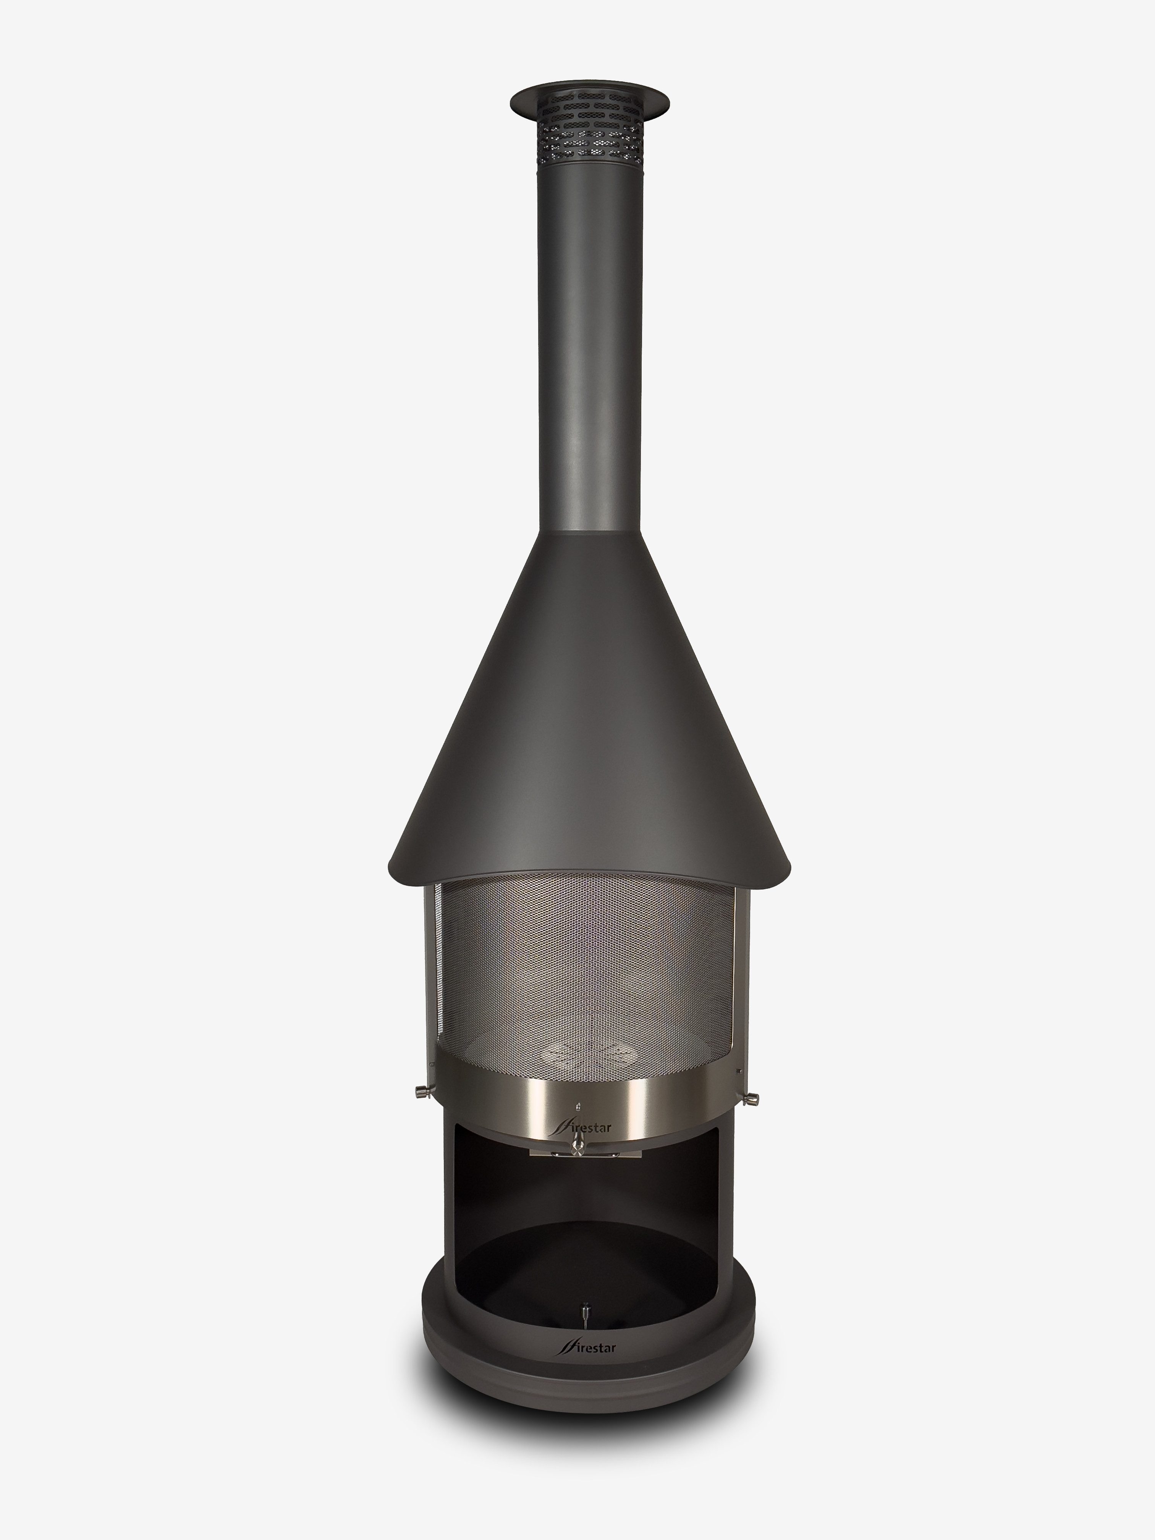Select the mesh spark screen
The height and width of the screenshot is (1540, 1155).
(x=585, y=975)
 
